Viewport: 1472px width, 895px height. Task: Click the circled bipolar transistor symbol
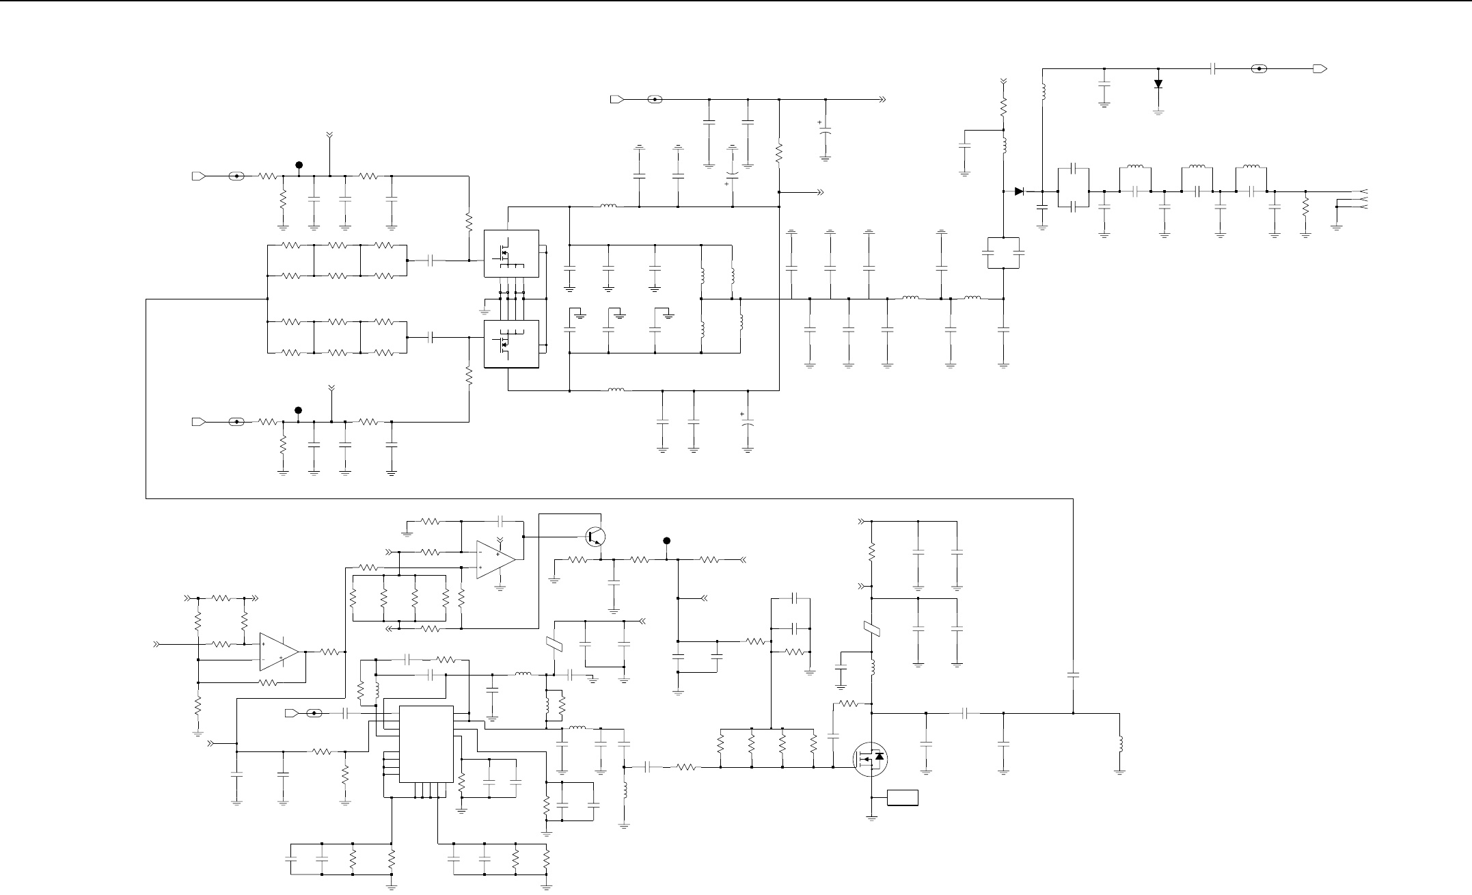click(596, 537)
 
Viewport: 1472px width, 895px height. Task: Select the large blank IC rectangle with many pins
click(426, 744)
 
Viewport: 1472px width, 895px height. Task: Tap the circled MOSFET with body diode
click(871, 759)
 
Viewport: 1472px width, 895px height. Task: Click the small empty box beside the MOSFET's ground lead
click(903, 798)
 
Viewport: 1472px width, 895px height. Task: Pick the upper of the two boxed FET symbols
click(510, 254)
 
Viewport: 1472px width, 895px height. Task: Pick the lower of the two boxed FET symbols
click(510, 344)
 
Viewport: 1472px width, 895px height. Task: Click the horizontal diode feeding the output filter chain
click(1020, 191)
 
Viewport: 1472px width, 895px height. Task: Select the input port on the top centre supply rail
click(616, 99)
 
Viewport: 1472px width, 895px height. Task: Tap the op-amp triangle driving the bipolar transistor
click(495, 559)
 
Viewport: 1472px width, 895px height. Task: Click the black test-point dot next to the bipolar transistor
click(668, 541)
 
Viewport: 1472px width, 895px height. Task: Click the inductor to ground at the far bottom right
click(1119, 744)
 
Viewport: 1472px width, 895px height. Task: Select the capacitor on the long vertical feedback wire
click(1073, 675)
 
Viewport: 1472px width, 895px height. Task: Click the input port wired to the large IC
click(291, 714)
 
